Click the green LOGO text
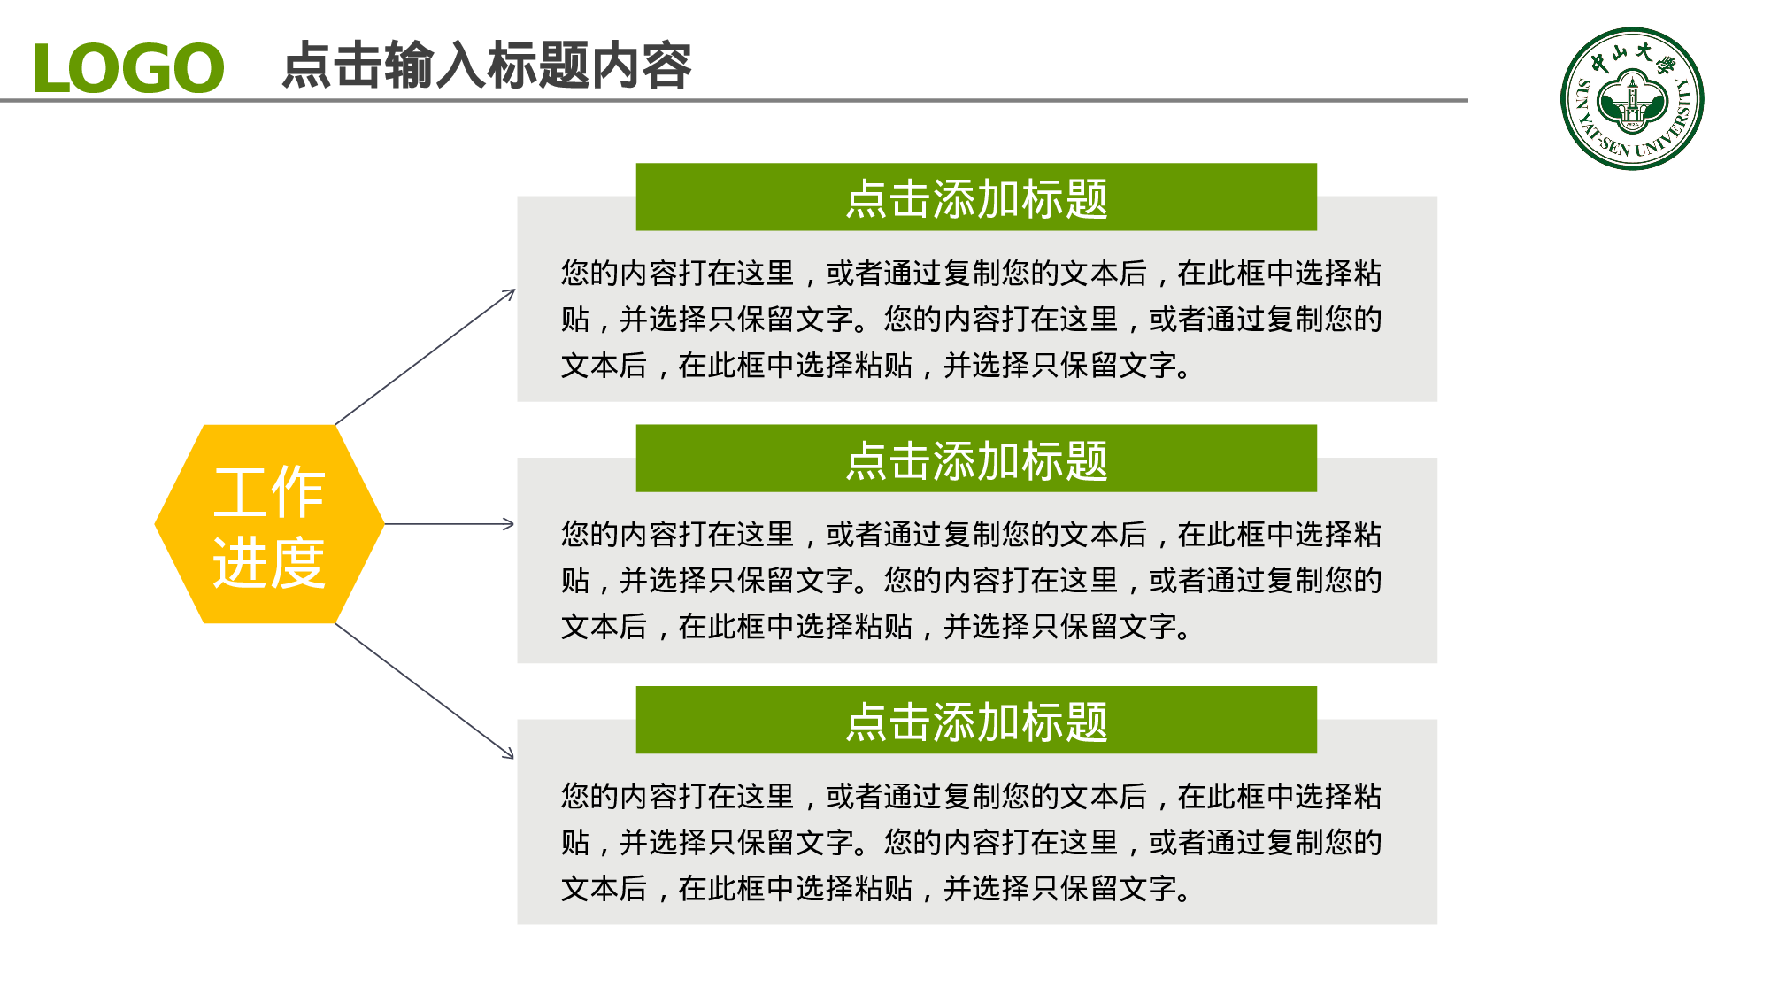point(128,68)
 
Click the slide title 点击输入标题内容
point(486,66)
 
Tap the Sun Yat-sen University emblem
point(1631,98)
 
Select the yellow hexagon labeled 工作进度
point(269,524)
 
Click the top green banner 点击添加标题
point(975,197)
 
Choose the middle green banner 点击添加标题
point(975,459)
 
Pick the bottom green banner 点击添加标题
point(975,721)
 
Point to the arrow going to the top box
point(425,358)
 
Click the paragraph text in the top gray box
point(971,319)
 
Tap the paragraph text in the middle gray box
point(971,580)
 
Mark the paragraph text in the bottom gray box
point(971,842)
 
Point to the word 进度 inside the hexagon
point(269,563)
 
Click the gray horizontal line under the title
point(797,101)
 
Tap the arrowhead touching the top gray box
point(510,293)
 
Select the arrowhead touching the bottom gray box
point(509,754)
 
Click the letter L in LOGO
point(50,69)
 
